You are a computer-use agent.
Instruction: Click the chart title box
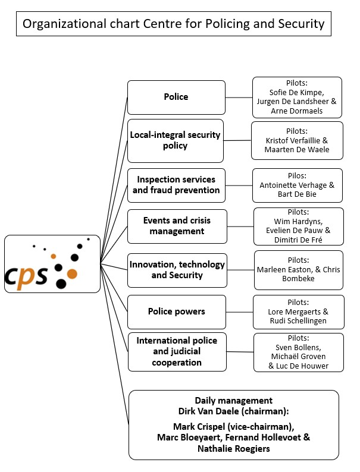point(173,24)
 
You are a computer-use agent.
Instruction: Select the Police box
point(176,97)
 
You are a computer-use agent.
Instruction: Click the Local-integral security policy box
point(176,140)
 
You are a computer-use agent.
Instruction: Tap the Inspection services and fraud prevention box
point(176,185)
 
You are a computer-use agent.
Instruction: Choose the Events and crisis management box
point(177,226)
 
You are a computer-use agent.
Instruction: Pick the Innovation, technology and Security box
point(177,270)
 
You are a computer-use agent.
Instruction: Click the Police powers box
point(176,311)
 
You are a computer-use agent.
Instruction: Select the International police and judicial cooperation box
point(177,351)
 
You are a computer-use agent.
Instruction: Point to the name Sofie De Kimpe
point(297,92)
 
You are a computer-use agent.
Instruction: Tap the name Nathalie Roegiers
point(233,448)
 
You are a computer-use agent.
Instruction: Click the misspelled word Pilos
point(297,175)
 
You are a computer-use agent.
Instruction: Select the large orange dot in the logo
point(71,274)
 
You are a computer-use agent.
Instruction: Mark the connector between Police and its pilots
point(239,97)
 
